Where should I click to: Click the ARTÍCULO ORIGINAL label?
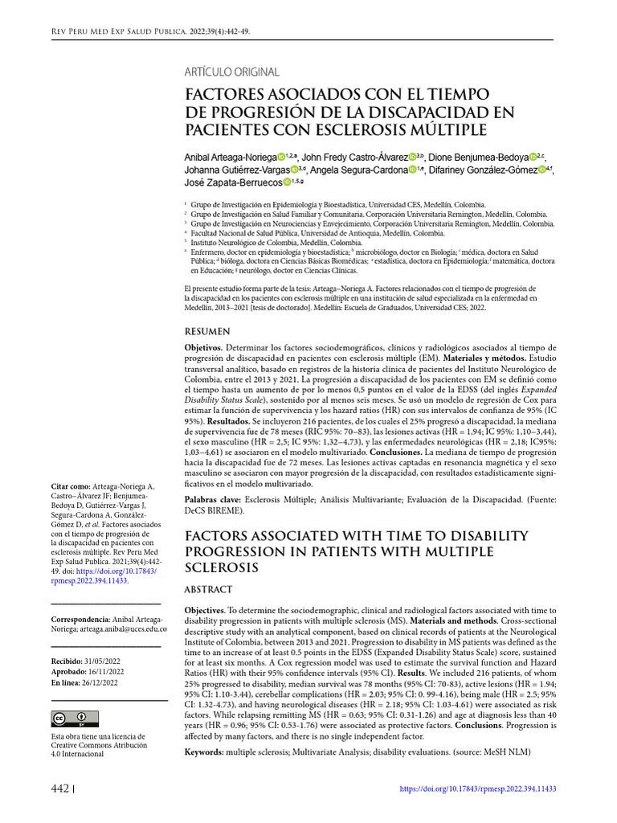232,72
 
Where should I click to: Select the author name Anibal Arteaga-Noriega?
231,157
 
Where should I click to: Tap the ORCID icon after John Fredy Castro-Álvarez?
412,157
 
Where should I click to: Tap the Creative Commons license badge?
76,718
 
